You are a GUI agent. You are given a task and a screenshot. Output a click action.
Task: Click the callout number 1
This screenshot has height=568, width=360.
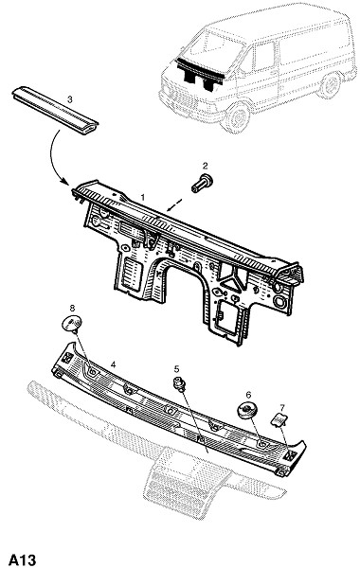tap(143, 197)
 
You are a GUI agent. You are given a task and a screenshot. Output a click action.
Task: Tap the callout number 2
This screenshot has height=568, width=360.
tap(206, 167)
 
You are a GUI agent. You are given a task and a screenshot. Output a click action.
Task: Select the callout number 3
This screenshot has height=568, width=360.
tap(70, 99)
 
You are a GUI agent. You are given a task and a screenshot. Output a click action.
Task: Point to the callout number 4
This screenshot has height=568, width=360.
tap(113, 364)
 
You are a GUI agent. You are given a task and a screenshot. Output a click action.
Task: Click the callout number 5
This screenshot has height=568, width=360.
tap(176, 369)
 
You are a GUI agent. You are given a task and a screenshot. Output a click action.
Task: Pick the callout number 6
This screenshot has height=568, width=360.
tap(248, 395)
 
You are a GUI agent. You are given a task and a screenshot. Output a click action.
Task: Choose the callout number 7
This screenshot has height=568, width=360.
tap(282, 407)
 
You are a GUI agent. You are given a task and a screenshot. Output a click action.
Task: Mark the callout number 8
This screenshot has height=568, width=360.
tap(72, 309)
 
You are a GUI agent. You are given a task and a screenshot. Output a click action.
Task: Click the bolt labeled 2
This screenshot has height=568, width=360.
tap(202, 184)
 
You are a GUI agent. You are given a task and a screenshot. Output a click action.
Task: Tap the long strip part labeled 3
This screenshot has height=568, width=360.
tap(55, 111)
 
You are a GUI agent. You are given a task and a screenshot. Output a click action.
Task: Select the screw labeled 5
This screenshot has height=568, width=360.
tap(179, 384)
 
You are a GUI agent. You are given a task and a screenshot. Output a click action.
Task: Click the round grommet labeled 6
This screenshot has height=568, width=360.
tap(247, 411)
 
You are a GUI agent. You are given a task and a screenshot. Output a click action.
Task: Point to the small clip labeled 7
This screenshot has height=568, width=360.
tap(279, 419)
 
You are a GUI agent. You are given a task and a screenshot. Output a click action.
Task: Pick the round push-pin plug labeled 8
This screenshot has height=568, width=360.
tap(71, 324)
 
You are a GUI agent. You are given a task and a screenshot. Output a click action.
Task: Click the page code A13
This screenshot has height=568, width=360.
tap(23, 559)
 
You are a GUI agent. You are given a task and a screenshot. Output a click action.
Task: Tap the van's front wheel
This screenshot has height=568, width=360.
tap(237, 117)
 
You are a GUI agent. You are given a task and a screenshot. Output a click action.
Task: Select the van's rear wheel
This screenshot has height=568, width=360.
tap(329, 86)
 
